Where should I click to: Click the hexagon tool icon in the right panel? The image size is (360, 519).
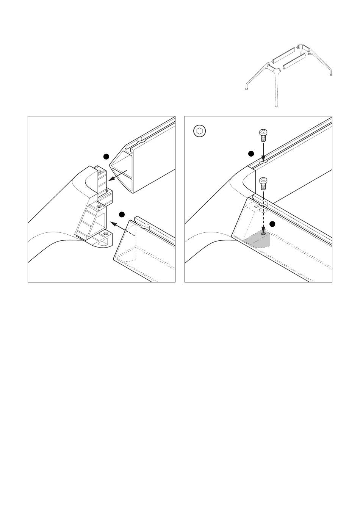(199, 131)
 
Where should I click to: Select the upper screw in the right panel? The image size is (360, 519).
(263, 134)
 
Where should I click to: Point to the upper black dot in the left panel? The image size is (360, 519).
(107, 156)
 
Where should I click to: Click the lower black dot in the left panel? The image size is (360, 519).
(122, 215)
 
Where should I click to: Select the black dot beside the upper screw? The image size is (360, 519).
(250, 153)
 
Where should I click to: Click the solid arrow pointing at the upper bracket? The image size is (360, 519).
(117, 176)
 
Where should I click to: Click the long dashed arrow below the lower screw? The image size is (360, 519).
(263, 212)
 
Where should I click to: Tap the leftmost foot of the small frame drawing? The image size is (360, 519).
(247, 89)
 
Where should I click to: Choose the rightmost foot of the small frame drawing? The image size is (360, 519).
(332, 75)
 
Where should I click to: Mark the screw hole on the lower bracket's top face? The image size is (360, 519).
(98, 206)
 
